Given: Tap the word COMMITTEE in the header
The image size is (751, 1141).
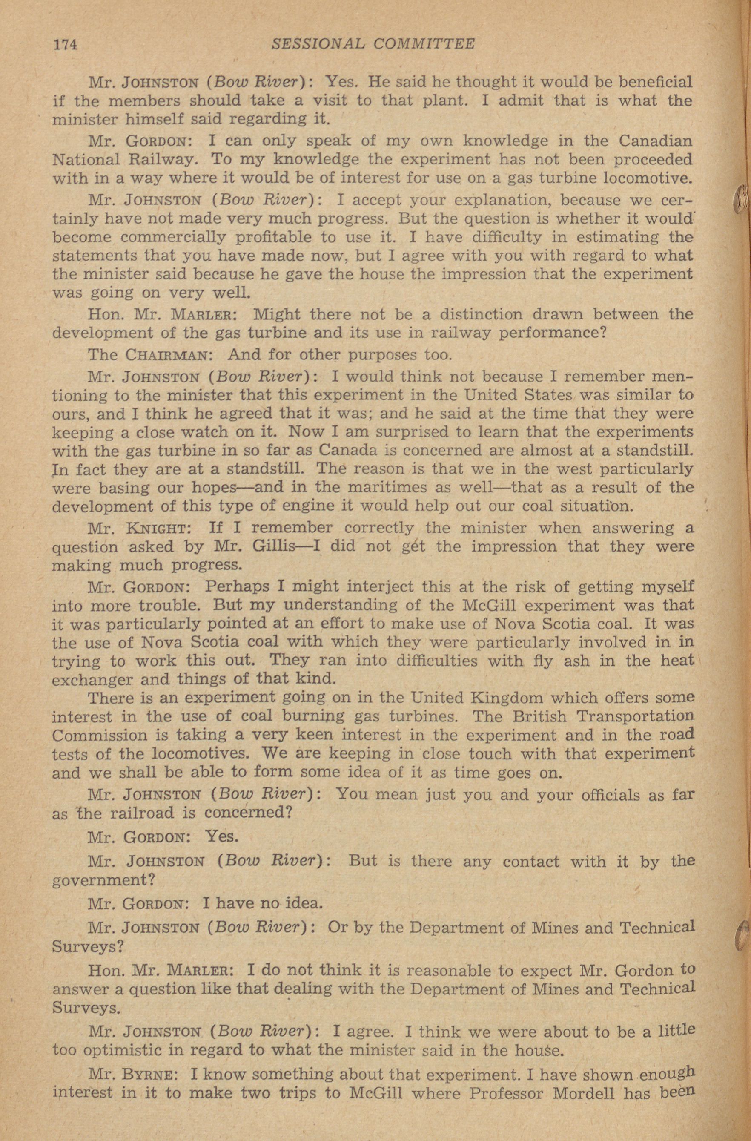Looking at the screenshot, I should [424, 44].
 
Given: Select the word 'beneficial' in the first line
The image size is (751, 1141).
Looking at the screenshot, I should [656, 83].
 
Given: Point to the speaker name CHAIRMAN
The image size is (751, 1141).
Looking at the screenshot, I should [166, 355].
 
